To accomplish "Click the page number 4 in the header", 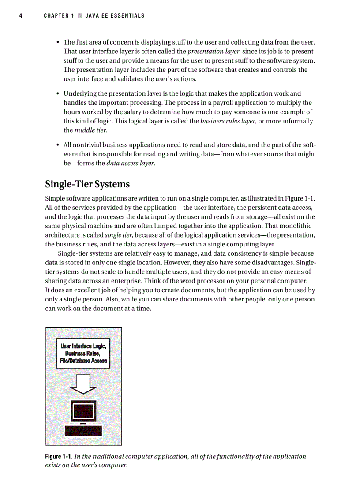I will click(20, 16).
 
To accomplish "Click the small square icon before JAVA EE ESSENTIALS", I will click(80, 16).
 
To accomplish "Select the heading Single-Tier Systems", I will click(87, 183).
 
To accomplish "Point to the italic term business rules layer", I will click(228, 121).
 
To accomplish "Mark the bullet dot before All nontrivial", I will click(58, 145).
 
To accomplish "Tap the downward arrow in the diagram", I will click(83, 383).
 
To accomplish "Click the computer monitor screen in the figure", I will click(83, 411).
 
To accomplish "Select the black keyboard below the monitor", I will click(83, 431).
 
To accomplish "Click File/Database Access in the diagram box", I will click(83, 361).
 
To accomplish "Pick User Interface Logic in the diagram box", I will click(83, 346).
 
